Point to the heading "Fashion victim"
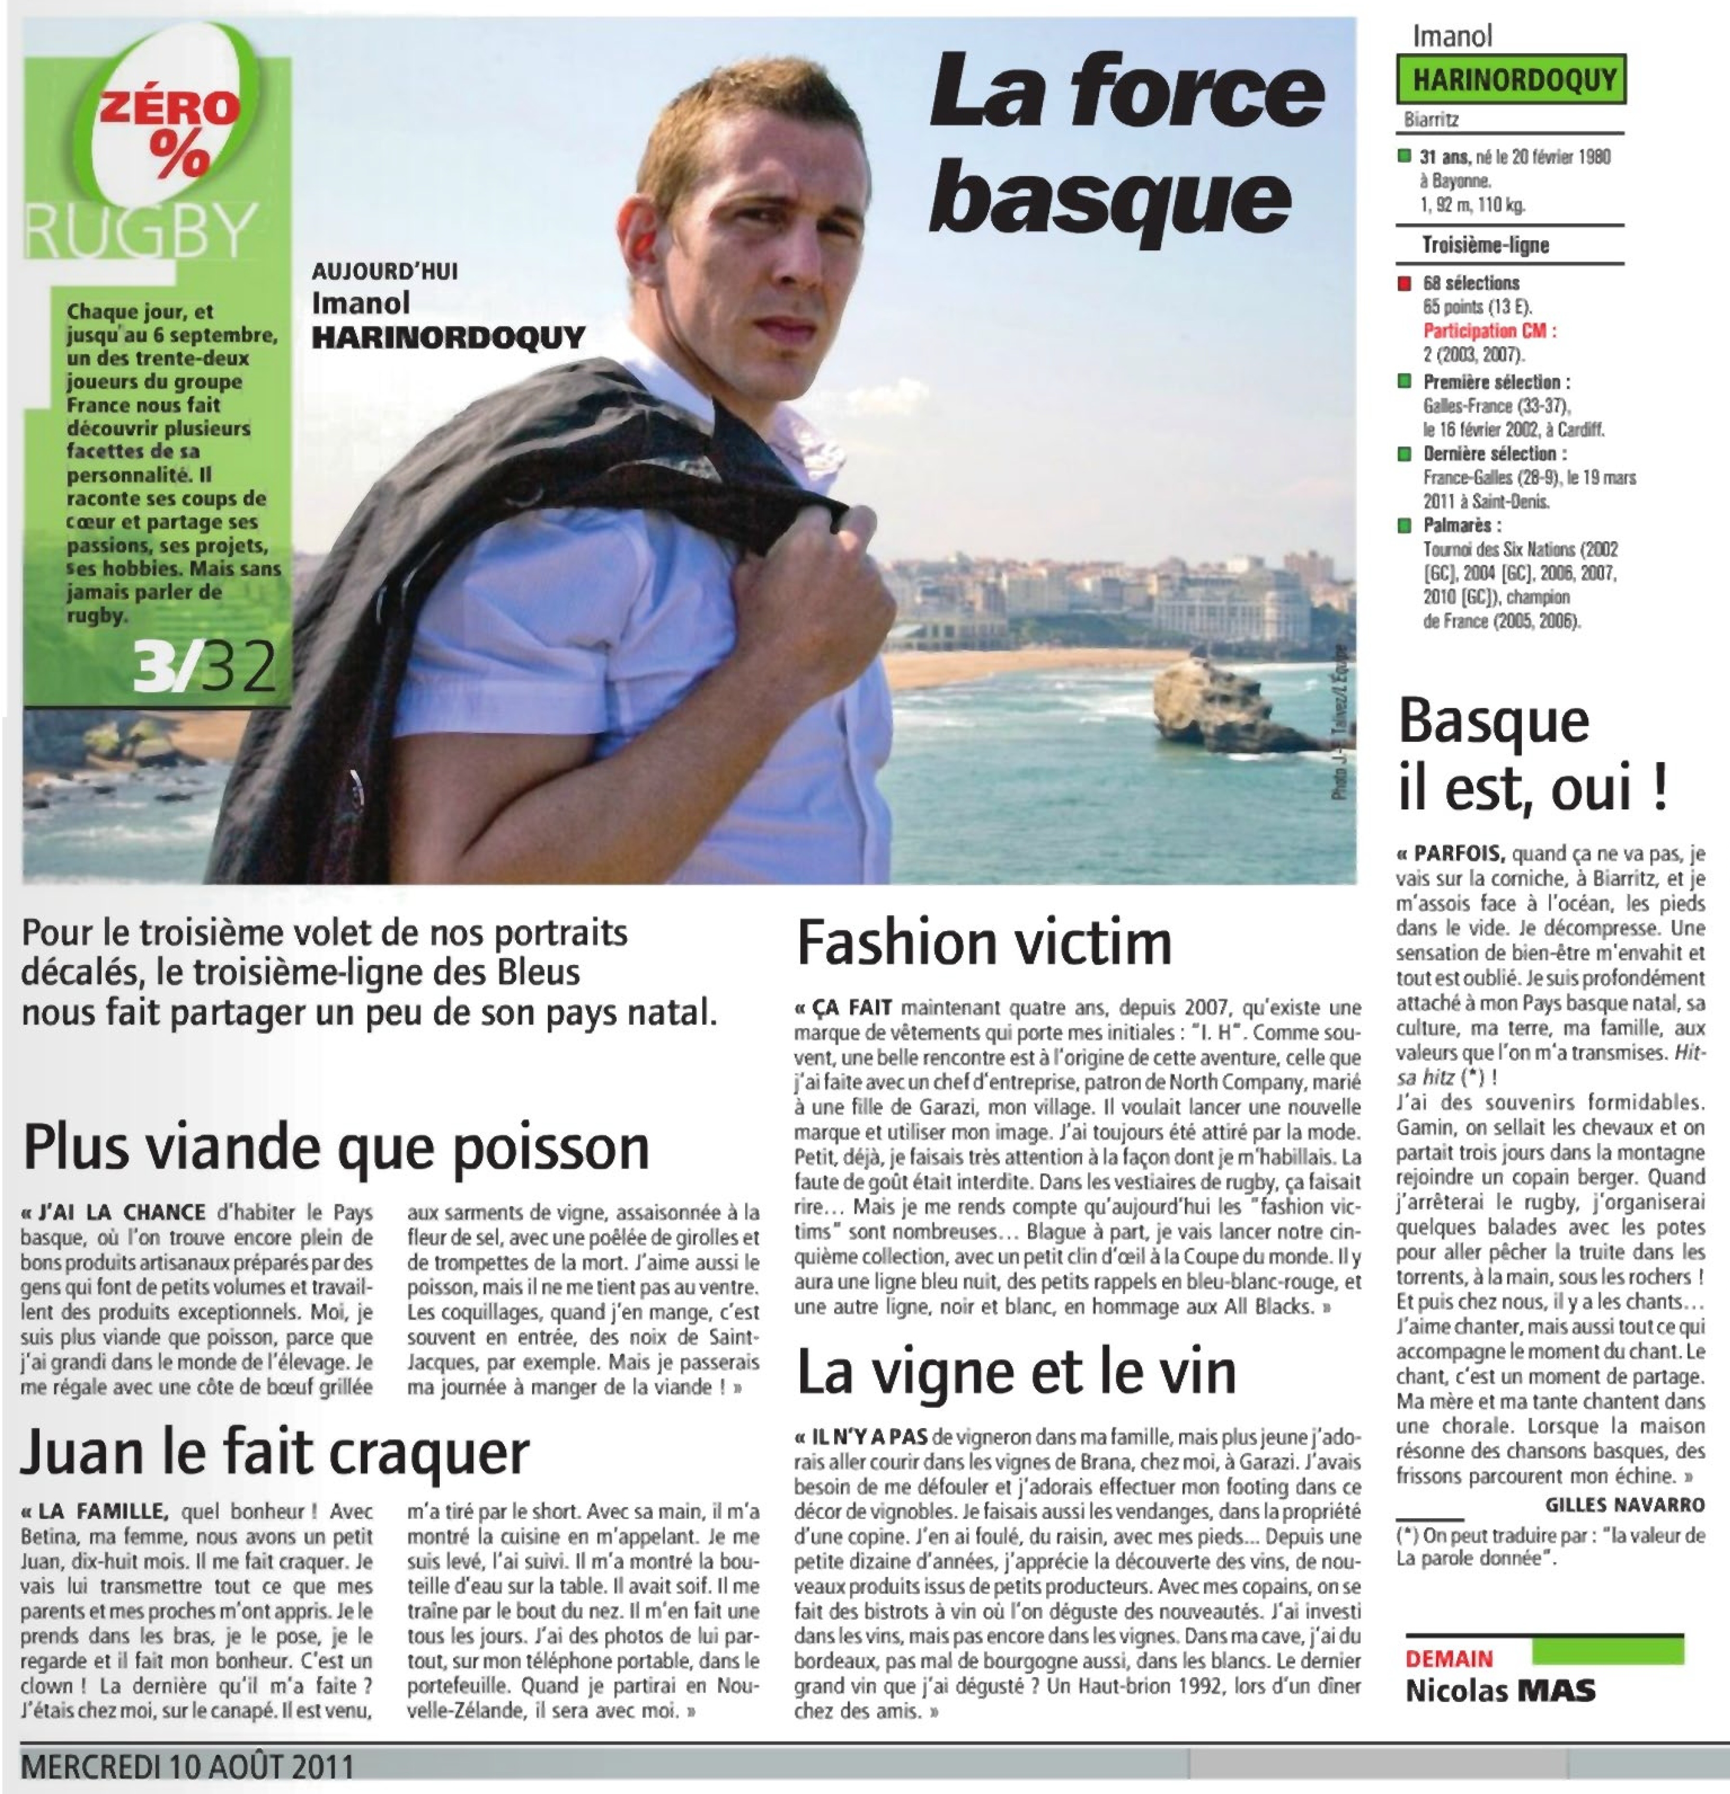(984, 943)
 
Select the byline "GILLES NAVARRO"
(1625, 1505)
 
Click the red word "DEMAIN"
(1449, 1659)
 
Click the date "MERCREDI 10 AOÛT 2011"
(188, 1766)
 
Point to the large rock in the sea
(1218, 705)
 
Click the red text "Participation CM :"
(1488, 330)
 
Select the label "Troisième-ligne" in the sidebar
(1485, 245)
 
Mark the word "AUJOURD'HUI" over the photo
(384, 272)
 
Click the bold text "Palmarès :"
(1462, 525)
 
